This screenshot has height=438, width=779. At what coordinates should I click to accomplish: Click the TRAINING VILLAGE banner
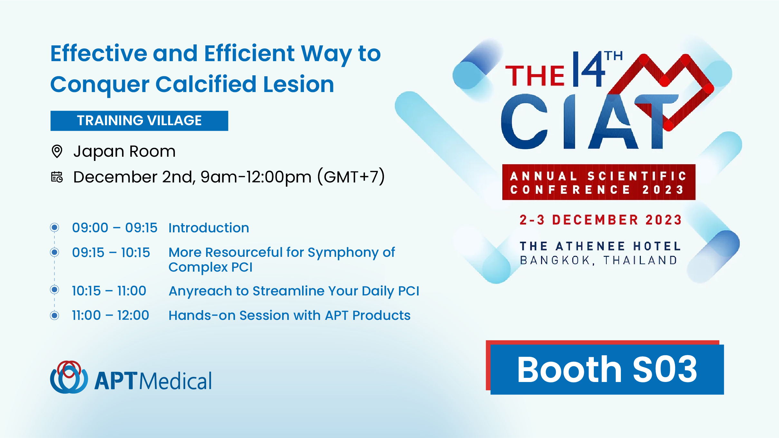pos(139,121)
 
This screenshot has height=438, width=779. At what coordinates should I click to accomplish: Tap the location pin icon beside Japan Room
pos(57,151)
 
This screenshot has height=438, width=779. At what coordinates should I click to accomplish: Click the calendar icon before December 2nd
pos(57,177)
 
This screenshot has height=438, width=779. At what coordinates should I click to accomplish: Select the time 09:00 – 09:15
pos(115,228)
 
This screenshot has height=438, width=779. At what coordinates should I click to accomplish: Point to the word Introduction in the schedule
pos(209,228)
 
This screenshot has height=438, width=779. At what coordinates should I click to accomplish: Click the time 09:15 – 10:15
pos(111,252)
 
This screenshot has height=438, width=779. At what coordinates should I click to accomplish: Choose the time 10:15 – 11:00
pos(109,291)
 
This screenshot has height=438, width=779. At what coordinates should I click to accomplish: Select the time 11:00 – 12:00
pos(110,315)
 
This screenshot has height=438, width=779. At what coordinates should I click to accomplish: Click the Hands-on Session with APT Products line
pos(290,315)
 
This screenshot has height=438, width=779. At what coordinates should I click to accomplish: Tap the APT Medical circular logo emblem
pos(69,377)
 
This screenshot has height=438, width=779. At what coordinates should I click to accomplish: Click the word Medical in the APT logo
pos(176,381)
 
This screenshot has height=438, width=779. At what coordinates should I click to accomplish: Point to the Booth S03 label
pos(607,369)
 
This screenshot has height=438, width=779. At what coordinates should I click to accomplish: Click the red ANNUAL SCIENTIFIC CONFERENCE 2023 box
pos(599,182)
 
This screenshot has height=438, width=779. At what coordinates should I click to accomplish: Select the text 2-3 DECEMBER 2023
pos(601,220)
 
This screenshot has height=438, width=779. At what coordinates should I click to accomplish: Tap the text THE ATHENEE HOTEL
pos(600,246)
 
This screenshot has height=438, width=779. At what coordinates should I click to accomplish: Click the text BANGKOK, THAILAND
pos(599,260)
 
